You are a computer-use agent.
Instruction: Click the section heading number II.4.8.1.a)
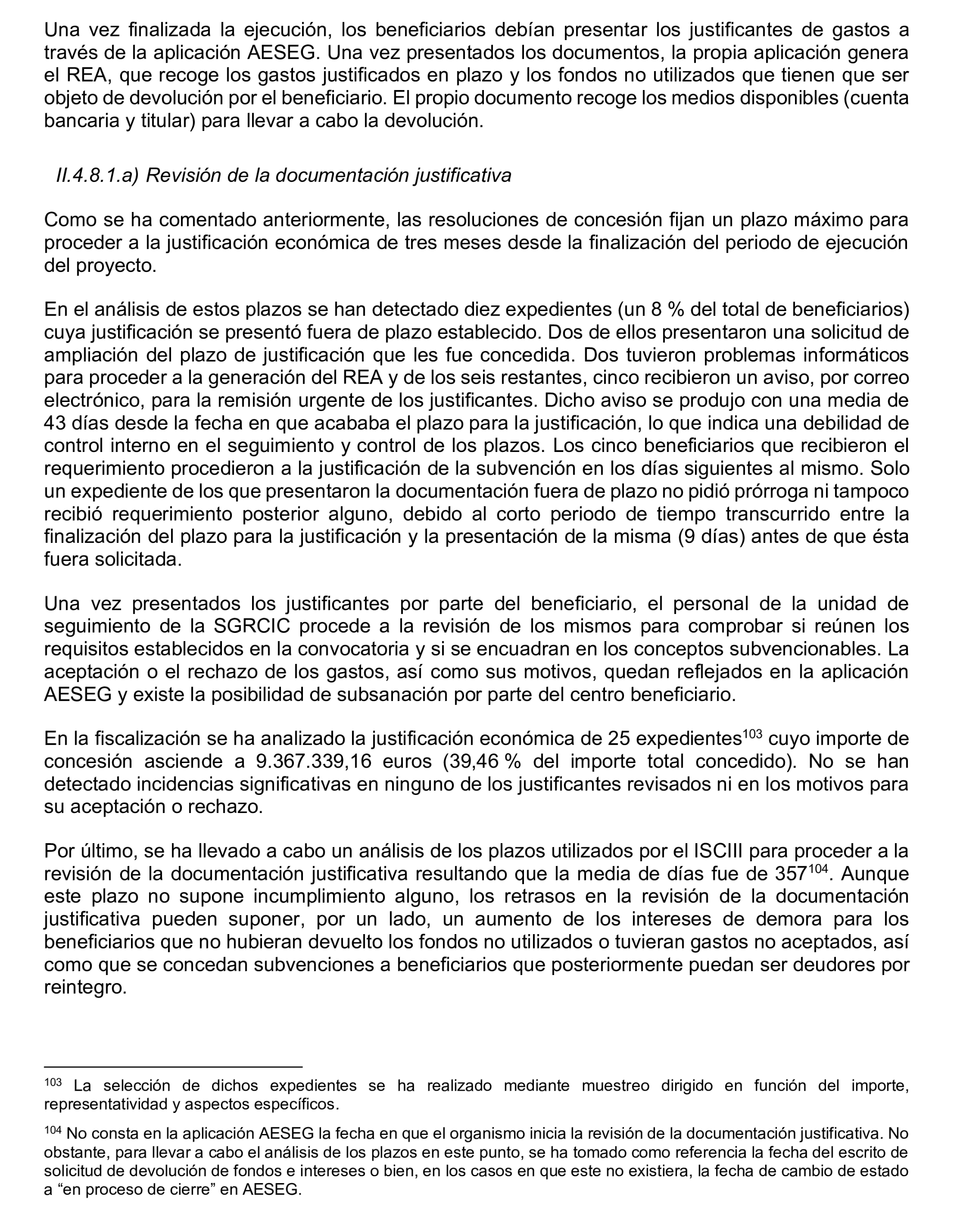coord(97,176)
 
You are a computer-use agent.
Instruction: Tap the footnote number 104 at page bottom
coord(53,1130)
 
